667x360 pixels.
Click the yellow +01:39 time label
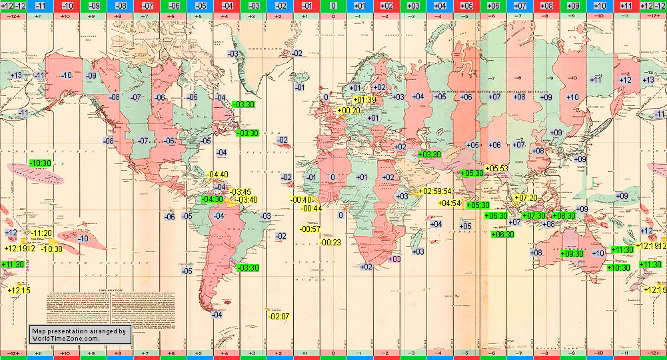pyautogui.click(x=364, y=100)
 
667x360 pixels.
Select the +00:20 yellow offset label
pyautogui.click(x=350, y=111)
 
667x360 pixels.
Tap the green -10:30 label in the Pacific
pyautogui.click(x=41, y=163)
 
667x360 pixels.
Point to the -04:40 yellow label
pyautogui.click(x=218, y=175)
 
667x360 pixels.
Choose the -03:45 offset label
pyautogui.click(x=240, y=192)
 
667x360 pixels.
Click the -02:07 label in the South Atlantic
pyautogui.click(x=279, y=316)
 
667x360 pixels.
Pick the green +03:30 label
pyautogui.click(x=430, y=155)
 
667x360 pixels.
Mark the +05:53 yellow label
pyautogui.click(x=496, y=168)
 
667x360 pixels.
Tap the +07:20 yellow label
pyautogui.click(x=526, y=197)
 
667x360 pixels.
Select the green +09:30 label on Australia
pyautogui.click(x=572, y=253)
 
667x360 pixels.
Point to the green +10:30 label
pyautogui.click(x=619, y=267)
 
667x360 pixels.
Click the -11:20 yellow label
pyautogui.click(x=41, y=233)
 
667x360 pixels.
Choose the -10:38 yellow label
pyautogui.click(x=51, y=249)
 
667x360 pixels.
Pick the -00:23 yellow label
pyautogui.click(x=331, y=243)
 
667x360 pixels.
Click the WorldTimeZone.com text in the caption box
pyautogui.click(x=65, y=339)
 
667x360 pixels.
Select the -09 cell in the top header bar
pyautogui.click(x=93, y=6)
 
